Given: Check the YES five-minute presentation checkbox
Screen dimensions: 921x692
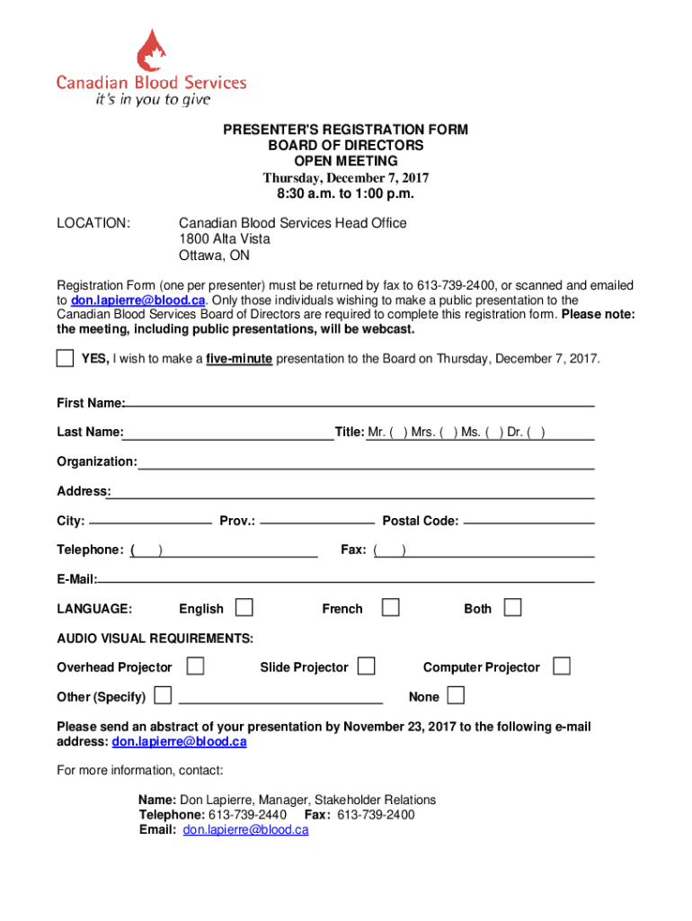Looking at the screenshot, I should [x=65, y=359].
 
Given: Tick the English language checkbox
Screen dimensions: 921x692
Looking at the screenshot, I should [x=244, y=608].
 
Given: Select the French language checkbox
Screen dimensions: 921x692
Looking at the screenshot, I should [x=390, y=608].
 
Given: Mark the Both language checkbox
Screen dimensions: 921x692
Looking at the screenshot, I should [x=512, y=608].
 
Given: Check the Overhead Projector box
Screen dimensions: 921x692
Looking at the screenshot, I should [x=194, y=666].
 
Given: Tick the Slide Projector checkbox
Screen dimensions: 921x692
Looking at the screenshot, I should [x=366, y=666].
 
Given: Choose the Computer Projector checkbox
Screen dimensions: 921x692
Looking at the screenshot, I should [x=562, y=666].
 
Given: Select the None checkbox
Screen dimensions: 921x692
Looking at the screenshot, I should [x=456, y=696].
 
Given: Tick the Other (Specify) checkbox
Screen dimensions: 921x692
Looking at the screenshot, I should [x=163, y=696].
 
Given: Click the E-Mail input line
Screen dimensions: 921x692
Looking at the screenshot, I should [x=346, y=579].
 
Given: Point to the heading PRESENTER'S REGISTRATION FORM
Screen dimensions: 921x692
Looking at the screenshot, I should [x=346, y=130].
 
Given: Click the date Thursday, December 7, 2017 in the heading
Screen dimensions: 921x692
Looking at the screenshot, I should [x=346, y=177].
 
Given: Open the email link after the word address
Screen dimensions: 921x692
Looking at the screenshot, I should [x=179, y=742].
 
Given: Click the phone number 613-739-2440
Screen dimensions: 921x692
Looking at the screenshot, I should [x=247, y=815].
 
